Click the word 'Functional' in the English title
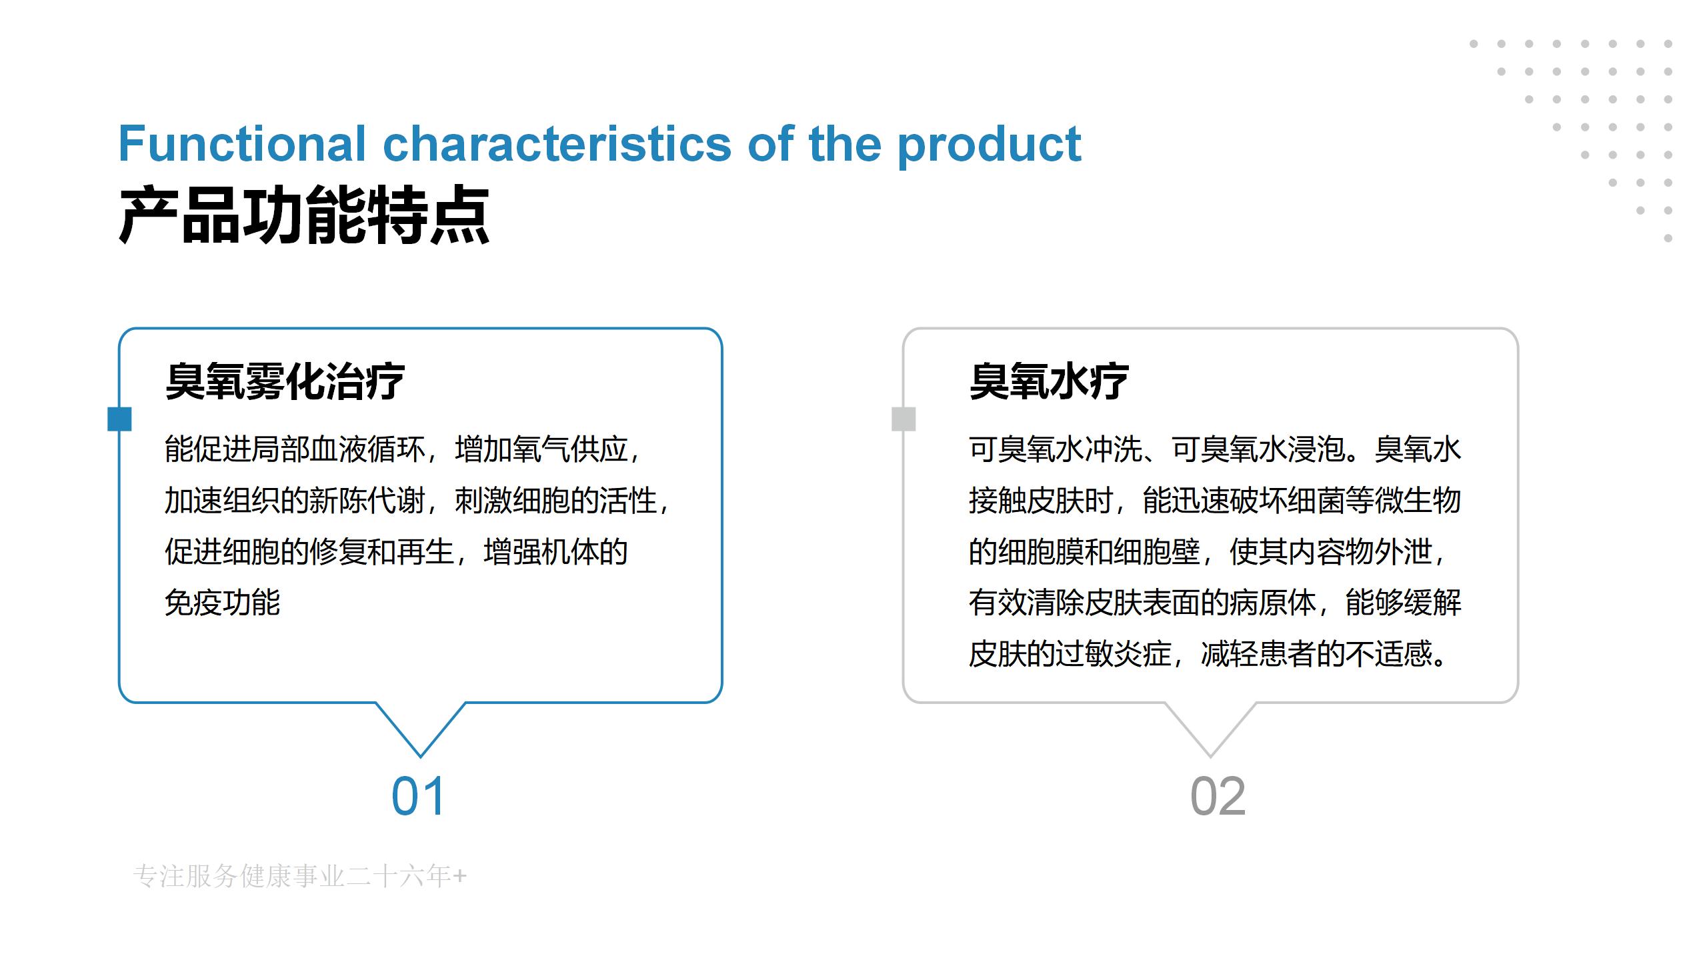coord(242,143)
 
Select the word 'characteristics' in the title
coord(557,143)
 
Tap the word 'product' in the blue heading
coord(990,145)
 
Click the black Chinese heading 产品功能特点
coord(304,215)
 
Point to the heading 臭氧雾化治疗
coord(285,381)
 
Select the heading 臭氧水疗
coord(1048,381)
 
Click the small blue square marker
coord(119,419)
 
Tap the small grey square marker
coord(904,419)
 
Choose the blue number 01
coord(418,796)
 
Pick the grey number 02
coord(1218,796)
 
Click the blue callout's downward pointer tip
coord(421,757)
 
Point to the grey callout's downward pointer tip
coord(1210,757)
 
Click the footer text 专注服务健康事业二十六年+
coord(300,876)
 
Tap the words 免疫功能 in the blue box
coord(222,603)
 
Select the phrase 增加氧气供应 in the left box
coord(541,449)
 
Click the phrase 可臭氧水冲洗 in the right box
coord(1056,449)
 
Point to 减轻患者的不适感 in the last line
coord(1317,653)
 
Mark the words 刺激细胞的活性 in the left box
coord(556,501)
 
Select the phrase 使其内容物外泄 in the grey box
coord(1330,551)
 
